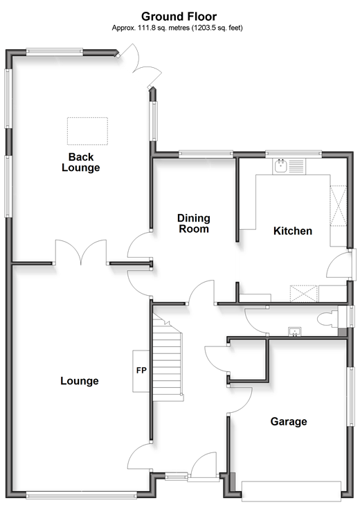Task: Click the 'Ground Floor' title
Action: [x=179, y=17]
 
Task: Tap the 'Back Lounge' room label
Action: [x=81, y=162]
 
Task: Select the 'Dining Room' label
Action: [x=194, y=224]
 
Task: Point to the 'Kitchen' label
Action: [x=293, y=231]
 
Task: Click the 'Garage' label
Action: [x=289, y=422]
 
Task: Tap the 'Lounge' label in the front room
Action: [x=79, y=381]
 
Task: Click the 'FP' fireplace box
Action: [x=141, y=371]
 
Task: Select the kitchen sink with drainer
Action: [x=289, y=166]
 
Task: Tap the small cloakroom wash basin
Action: [x=295, y=332]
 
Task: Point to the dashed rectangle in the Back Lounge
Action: [x=88, y=131]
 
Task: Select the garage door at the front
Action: [x=291, y=490]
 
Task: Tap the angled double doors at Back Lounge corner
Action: [x=139, y=67]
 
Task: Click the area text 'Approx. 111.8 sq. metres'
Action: [x=150, y=28]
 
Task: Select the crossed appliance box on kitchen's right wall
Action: [x=338, y=206]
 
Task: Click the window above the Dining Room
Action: [x=206, y=154]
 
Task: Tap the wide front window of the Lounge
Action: [x=82, y=495]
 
